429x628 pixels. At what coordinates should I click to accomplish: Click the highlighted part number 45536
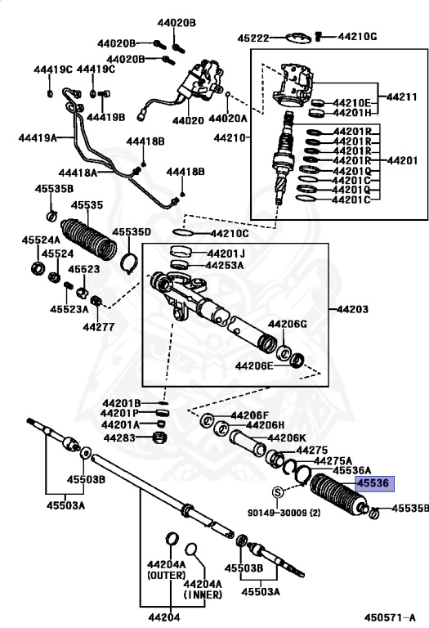tap(373, 483)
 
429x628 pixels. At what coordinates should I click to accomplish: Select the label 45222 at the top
tap(253, 38)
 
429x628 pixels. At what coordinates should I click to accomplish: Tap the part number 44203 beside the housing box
tap(352, 309)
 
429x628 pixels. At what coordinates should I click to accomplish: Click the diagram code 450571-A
tap(390, 617)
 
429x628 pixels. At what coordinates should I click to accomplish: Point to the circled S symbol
tap(278, 492)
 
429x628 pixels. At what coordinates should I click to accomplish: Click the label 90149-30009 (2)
tap(284, 512)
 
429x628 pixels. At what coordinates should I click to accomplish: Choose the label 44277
tap(98, 327)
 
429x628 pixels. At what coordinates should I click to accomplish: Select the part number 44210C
tap(230, 234)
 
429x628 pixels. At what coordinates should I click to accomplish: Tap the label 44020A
tap(228, 119)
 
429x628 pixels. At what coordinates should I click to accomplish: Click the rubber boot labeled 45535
tap(89, 238)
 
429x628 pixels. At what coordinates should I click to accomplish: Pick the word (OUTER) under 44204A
tap(166, 575)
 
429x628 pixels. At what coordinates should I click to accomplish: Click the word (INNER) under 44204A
tap(203, 594)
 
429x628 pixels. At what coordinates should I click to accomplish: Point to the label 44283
tap(119, 437)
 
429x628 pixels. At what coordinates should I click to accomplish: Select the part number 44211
tap(402, 97)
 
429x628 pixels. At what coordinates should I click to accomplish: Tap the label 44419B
tap(105, 117)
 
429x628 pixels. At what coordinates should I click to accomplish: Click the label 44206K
tap(287, 437)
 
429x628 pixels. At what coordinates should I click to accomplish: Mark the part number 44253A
tap(225, 265)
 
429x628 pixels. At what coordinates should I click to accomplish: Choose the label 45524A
tap(41, 240)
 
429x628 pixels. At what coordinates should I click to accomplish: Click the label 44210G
tap(357, 37)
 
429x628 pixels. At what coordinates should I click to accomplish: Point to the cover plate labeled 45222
tap(298, 38)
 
